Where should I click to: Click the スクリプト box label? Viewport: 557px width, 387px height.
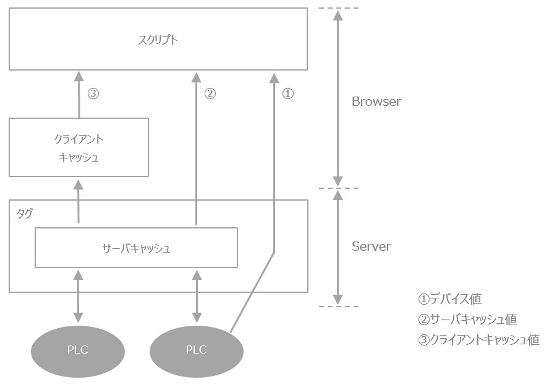coord(158,40)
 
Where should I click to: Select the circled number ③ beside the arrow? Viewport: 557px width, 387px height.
coord(93,93)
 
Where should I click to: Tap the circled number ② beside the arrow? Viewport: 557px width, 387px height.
coord(210,93)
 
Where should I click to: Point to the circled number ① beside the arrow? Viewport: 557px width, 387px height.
coord(288,93)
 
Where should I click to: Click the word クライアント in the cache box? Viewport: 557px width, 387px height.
coord(79,139)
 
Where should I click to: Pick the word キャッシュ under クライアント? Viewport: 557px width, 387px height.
coord(79,157)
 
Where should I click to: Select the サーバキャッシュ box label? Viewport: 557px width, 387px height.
coord(136,248)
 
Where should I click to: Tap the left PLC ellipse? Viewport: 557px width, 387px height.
coord(78,350)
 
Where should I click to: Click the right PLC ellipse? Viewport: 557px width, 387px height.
coord(197,350)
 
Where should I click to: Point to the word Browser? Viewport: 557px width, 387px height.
coord(376,102)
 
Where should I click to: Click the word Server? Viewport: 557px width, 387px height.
coord(371,246)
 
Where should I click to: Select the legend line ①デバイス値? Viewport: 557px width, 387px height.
coord(449,298)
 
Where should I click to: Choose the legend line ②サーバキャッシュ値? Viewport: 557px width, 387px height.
coord(467,320)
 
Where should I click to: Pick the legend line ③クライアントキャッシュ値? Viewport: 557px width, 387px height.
coord(478,340)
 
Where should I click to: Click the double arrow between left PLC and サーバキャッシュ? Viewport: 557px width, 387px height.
coord(78,295)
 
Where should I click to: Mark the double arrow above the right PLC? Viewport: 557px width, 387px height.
coord(197,295)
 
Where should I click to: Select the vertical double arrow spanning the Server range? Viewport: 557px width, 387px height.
coord(338,246)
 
